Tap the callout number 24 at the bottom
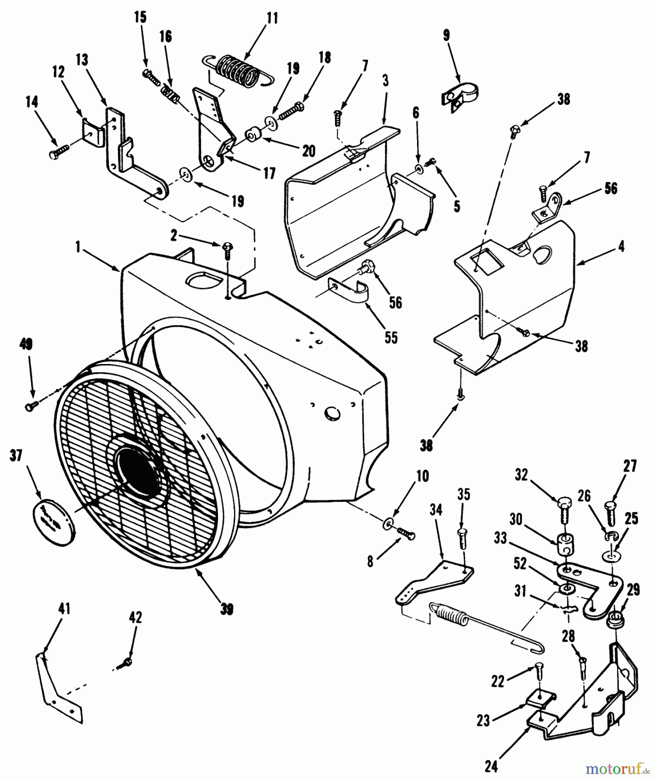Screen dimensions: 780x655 tap(491, 767)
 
